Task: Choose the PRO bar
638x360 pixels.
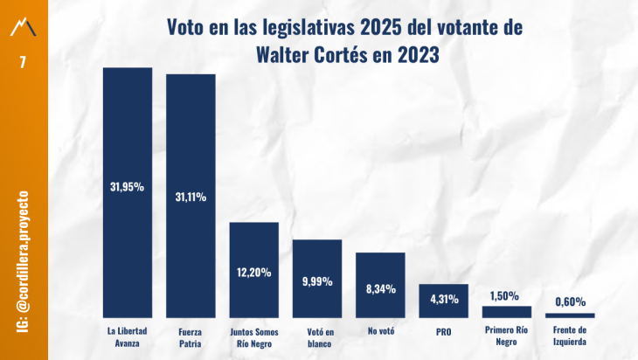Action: coord(443,306)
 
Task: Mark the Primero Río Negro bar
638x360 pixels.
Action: coord(507,311)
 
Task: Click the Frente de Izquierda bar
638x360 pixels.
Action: coord(570,315)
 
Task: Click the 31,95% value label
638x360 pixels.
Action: coord(128,186)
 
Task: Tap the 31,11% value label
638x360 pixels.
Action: coord(191,197)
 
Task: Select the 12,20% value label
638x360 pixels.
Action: coord(253,272)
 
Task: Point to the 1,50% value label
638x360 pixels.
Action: coord(507,295)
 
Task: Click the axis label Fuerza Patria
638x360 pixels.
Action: coord(191,336)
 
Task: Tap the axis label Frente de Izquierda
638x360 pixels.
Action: coord(570,336)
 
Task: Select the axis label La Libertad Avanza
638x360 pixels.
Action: coord(128,336)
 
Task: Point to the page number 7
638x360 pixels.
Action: coord(24,62)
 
